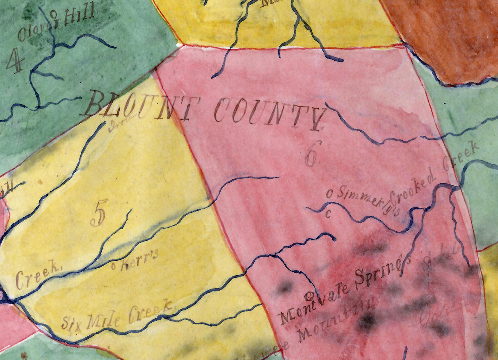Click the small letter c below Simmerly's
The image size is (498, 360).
pyautogui.click(x=328, y=214)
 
